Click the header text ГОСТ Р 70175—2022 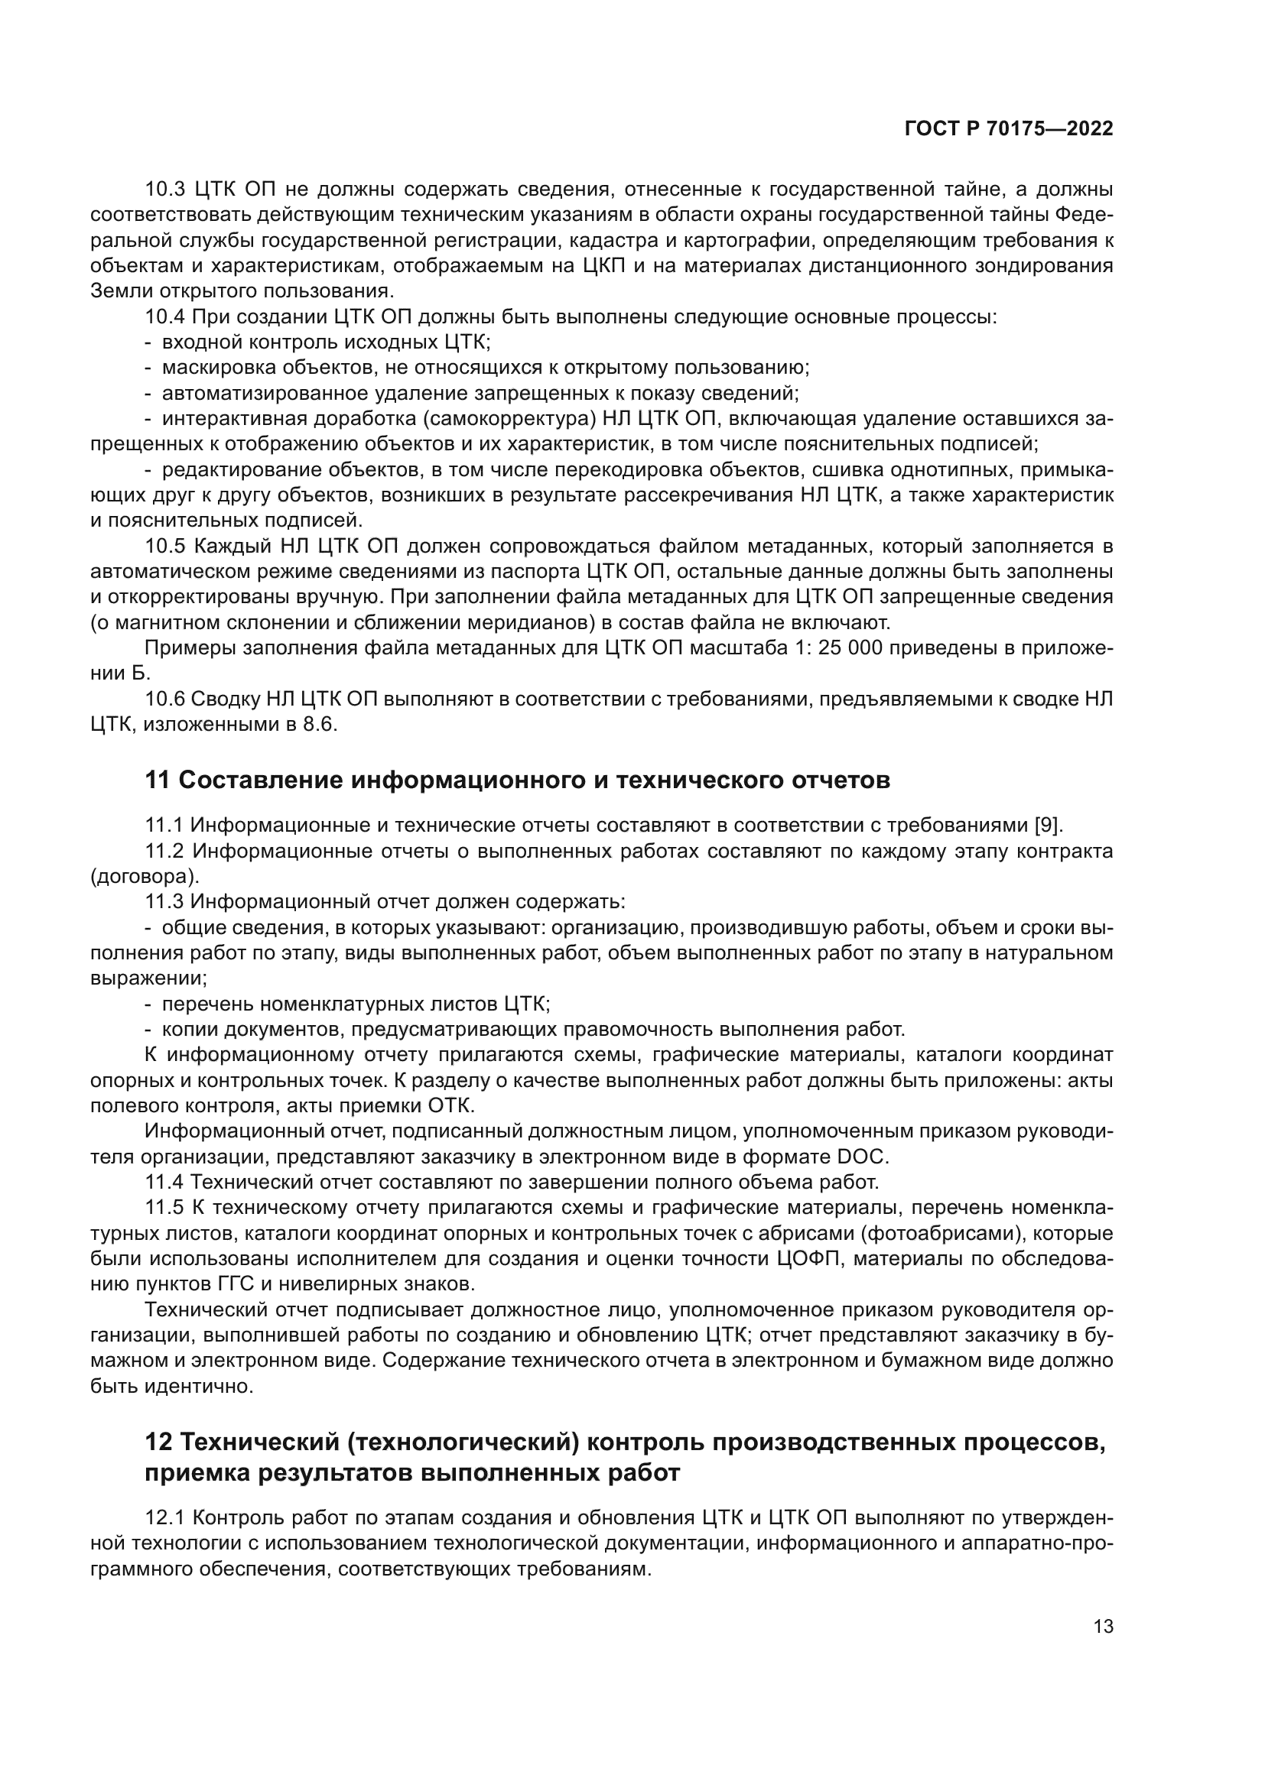point(1009,129)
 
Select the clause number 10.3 point(164,190)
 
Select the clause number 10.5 point(164,547)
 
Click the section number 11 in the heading point(158,780)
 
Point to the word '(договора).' point(145,877)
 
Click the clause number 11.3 point(164,902)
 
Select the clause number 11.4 point(164,1182)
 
